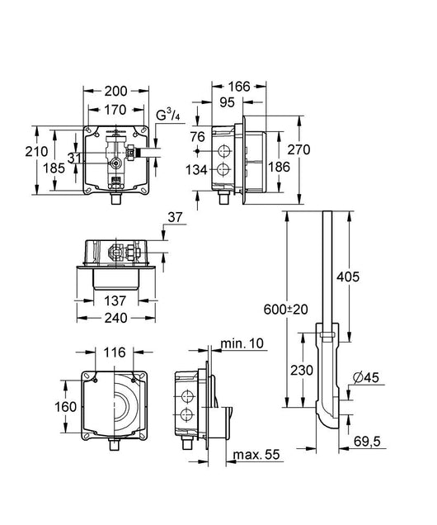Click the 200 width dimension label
(x=116, y=91)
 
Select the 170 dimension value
(x=115, y=110)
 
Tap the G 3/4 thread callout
(x=168, y=116)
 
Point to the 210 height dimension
(x=36, y=151)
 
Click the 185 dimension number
(x=54, y=168)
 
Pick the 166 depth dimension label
(x=239, y=87)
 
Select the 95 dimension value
(x=228, y=102)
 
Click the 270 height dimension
(x=299, y=149)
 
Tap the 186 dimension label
(x=280, y=167)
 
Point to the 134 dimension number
(x=196, y=170)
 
